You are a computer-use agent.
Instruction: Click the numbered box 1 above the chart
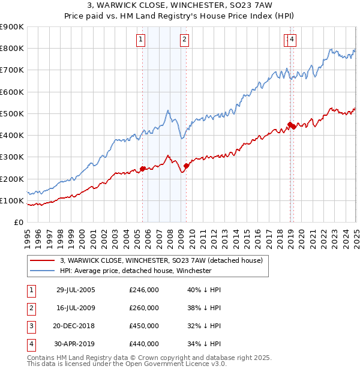[140, 40]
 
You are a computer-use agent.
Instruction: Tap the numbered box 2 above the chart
[184, 40]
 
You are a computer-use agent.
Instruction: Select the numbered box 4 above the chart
[292, 40]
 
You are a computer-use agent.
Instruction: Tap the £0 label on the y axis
[19, 223]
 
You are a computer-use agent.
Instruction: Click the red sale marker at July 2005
[143, 169]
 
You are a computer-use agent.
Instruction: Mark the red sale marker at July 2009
[186, 166]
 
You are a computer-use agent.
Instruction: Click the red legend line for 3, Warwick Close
[42, 261]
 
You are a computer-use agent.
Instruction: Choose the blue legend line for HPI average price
[42, 271]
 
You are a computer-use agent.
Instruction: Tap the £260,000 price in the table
[144, 308]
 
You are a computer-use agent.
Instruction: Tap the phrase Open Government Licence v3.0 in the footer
[178, 364]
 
